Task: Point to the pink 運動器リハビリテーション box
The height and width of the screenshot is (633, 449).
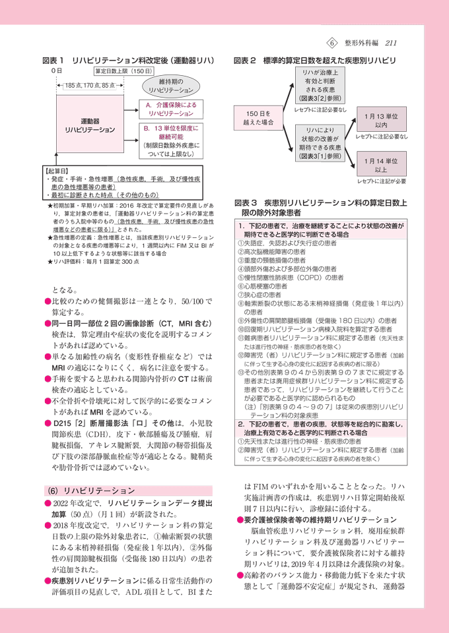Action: (90, 126)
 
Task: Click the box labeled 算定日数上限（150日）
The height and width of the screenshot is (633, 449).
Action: (123, 71)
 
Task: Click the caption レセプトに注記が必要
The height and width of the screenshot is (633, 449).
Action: (381, 181)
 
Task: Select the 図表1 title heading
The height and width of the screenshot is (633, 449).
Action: (128, 60)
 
